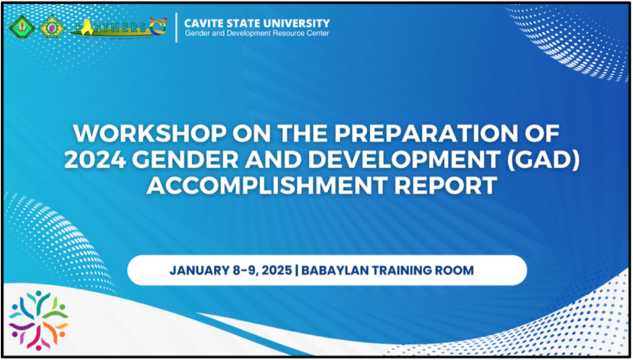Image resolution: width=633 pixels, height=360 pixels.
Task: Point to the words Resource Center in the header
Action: (x=304, y=33)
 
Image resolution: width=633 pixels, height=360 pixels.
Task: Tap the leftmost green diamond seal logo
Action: (x=22, y=27)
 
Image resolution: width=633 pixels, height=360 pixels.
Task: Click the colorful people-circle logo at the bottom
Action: (x=38, y=320)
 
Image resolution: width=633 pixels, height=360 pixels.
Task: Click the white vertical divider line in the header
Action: (x=176, y=27)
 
